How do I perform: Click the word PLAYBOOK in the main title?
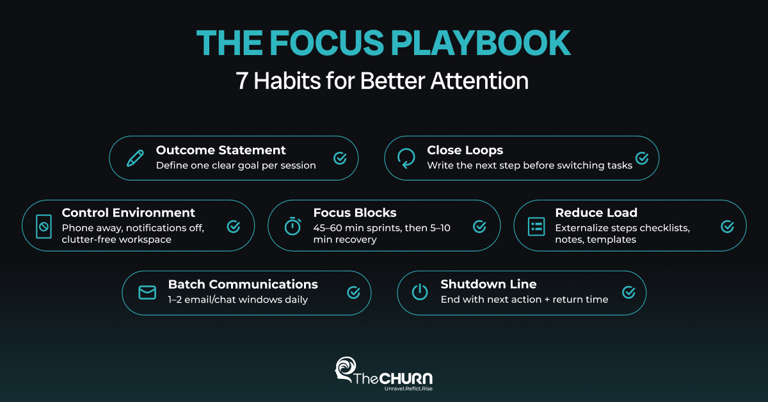(481, 43)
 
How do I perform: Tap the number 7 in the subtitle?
(242, 81)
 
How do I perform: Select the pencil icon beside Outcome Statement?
(135, 158)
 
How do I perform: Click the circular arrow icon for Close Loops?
(406, 158)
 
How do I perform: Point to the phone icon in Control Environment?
(44, 227)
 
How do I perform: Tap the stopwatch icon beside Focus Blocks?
(293, 226)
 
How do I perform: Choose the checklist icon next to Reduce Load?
(536, 227)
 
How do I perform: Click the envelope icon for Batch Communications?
(147, 293)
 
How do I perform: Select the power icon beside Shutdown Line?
(420, 293)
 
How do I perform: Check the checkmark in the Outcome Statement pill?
(340, 158)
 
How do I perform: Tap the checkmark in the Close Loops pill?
(642, 158)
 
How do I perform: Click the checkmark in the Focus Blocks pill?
(479, 227)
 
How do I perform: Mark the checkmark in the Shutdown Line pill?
(628, 293)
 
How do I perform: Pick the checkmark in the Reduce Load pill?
(727, 227)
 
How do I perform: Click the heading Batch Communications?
(243, 284)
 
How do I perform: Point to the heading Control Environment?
(128, 213)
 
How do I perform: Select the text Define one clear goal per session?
(236, 166)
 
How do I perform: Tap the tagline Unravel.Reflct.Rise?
(408, 389)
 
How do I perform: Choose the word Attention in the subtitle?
(479, 81)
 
